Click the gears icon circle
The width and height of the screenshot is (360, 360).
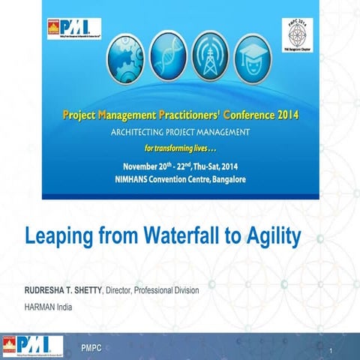point(124,54)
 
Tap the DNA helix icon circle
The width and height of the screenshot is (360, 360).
point(169,54)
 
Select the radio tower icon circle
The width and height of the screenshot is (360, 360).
point(214,54)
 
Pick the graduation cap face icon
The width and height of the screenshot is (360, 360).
point(259,54)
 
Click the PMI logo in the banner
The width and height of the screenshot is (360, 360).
point(73,29)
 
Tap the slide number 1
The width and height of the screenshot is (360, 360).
point(330,351)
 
